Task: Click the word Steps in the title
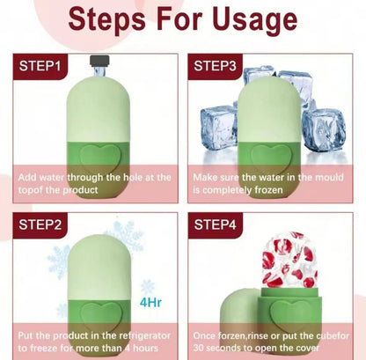107,19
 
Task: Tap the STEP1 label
40,66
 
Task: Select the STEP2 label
40,224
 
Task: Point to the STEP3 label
215,66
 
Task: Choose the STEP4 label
215,224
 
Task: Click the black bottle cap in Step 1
99,60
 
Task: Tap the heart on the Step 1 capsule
100,158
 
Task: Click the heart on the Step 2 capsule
100,317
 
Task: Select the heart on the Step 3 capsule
271,158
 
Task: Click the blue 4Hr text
150,302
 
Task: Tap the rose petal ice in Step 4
289,260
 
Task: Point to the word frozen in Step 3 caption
268,190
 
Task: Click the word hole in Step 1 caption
133,177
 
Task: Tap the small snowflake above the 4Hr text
148,286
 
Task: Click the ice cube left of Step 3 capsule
219,128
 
